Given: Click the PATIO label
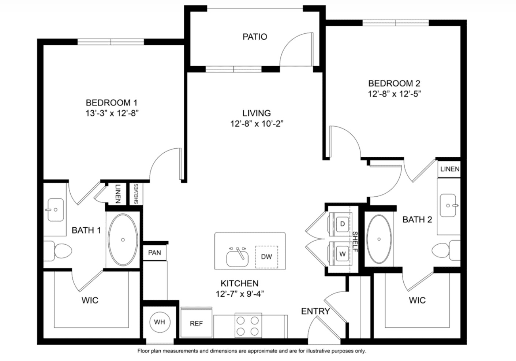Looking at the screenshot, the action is coord(255,37).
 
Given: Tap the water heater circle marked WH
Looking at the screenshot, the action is coord(160,322).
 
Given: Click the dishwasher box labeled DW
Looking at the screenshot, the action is coord(266,257).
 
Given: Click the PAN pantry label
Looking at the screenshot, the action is coord(154,253).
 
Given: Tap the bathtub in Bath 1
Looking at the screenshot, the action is coord(123,240).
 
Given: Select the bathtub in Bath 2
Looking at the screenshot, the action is coord(379,239).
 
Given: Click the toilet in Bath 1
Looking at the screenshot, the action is coord(58,251).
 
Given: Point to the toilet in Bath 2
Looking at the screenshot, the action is coord(446,250).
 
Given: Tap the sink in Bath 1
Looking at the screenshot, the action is coord(55,209).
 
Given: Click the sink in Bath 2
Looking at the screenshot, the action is coord(448,205).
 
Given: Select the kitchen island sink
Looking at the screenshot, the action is coord(238,257).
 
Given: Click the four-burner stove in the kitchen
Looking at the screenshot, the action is coord(248,325).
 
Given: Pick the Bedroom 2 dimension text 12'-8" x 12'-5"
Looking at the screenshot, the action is coord(395,94).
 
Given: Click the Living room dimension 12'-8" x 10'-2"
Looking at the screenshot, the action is coord(257,124).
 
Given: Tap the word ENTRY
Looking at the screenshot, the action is coord(315,311).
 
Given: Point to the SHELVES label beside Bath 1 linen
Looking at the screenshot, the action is coord(136,194).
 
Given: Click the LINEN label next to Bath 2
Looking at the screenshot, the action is coord(450,169).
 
